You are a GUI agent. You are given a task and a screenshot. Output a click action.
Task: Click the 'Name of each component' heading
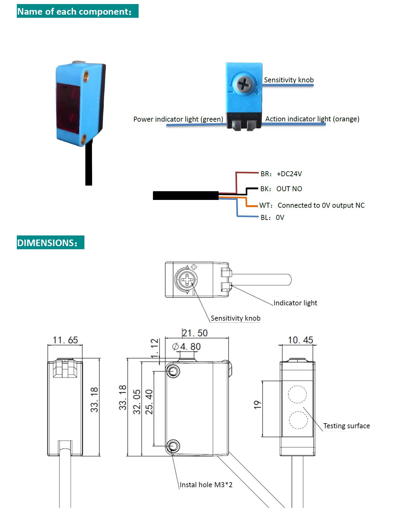(x=77, y=11)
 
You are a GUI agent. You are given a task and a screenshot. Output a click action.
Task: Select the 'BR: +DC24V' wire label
(x=281, y=174)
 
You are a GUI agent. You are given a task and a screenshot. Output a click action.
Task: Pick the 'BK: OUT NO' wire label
(x=281, y=189)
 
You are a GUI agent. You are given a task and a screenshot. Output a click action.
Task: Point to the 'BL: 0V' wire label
(x=272, y=217)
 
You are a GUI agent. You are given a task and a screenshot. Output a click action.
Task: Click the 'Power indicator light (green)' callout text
(x=178, y=119)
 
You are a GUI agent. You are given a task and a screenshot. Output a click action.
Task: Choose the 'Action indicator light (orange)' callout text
(x=312, y=119)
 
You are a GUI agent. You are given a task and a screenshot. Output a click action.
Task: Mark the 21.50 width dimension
(x=195, y=333)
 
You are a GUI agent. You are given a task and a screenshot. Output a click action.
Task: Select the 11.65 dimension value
(x=65, y=340)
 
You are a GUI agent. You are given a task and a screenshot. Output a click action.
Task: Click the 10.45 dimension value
(x=300, y=340)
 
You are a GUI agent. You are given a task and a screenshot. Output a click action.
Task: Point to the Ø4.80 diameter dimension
(x=187, y=347)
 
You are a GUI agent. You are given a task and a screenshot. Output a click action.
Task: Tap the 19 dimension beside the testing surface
(x=257, y=405)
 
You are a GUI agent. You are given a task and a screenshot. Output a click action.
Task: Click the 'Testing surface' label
(x=346, y=426)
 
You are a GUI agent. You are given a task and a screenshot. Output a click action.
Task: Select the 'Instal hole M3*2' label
(x=206, y=485)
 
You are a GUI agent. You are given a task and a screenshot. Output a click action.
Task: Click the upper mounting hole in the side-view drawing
(x=173, y=371)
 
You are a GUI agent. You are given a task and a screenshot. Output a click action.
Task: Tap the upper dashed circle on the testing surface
(x=297, y=395)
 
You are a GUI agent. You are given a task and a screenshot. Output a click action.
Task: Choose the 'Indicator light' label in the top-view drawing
(x=295, y=303)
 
